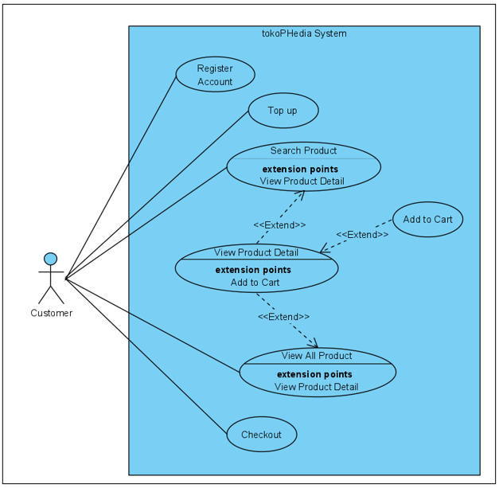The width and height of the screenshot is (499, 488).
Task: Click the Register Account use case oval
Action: (215, 75)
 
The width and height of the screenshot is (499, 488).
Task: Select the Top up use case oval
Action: (283, 111)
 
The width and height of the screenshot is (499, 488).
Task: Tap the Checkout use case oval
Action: (261, 435)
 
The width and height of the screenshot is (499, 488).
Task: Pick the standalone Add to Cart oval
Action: (427, 220)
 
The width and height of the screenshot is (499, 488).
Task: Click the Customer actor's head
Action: (51, 259)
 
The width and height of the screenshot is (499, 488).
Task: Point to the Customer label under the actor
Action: (51, 313)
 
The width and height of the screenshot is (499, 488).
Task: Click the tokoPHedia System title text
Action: (304, 33)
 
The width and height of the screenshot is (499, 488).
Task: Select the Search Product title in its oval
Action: (303, 150)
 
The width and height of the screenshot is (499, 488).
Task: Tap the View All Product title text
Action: (316, 355)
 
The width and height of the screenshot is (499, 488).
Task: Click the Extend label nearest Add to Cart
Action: (362, 235)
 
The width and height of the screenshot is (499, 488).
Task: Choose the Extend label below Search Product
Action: (279, 225)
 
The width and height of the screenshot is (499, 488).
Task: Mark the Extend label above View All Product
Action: (283, 317)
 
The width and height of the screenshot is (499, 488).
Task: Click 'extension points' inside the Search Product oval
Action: (300, 169)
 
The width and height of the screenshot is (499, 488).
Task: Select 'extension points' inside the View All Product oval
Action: (314, 374)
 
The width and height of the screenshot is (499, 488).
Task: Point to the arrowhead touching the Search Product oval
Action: (302, 194)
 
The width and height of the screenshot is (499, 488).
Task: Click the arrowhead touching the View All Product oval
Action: (312, 342)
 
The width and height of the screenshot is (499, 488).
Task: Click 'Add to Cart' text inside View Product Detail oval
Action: (255, 282)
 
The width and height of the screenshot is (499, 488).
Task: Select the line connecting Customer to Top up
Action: (159, 193)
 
